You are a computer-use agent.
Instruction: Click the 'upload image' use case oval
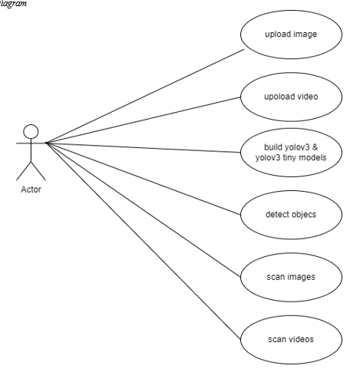pos(289,35)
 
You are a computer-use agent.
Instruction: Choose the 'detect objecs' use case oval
pos(289,214)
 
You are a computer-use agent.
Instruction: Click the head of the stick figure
pos(30,132)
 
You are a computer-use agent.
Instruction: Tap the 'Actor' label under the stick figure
pos(31,189)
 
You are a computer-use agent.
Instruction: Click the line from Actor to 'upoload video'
pos(146,120)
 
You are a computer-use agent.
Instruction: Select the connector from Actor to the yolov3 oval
pos(146,146)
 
